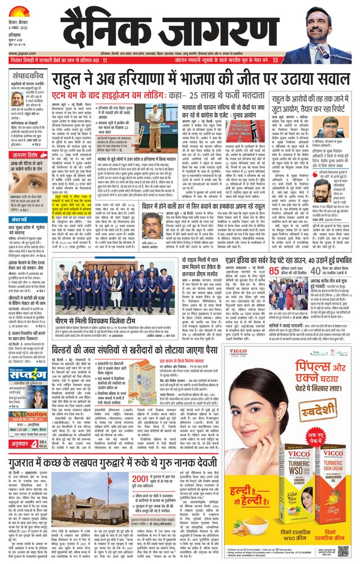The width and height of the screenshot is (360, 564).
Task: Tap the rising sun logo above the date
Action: coord(19,11)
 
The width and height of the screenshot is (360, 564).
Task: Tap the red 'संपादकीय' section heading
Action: coord(28,75)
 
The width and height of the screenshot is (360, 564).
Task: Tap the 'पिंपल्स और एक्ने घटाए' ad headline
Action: coord(295,377)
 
